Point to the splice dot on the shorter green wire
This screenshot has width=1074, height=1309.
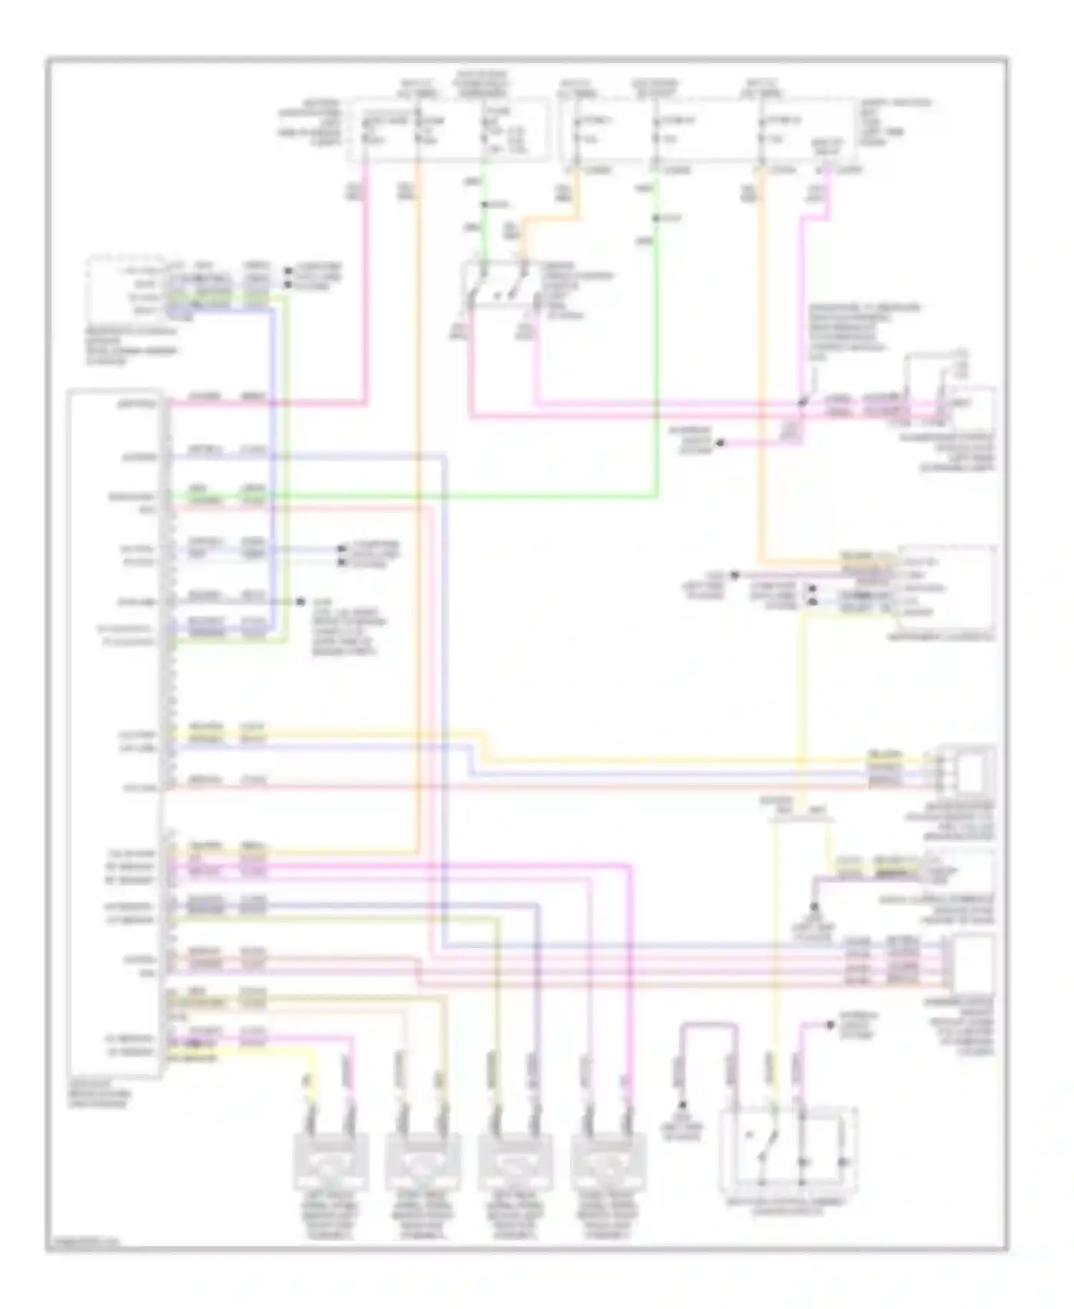pos(485,206)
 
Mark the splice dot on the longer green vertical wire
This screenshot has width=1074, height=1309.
pos(656,218)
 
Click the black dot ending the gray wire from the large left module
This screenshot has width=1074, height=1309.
pos(301,602)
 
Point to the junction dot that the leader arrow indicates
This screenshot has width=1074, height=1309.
pos(802,403)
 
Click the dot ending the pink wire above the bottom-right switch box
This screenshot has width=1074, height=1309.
pos(831,1025)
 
